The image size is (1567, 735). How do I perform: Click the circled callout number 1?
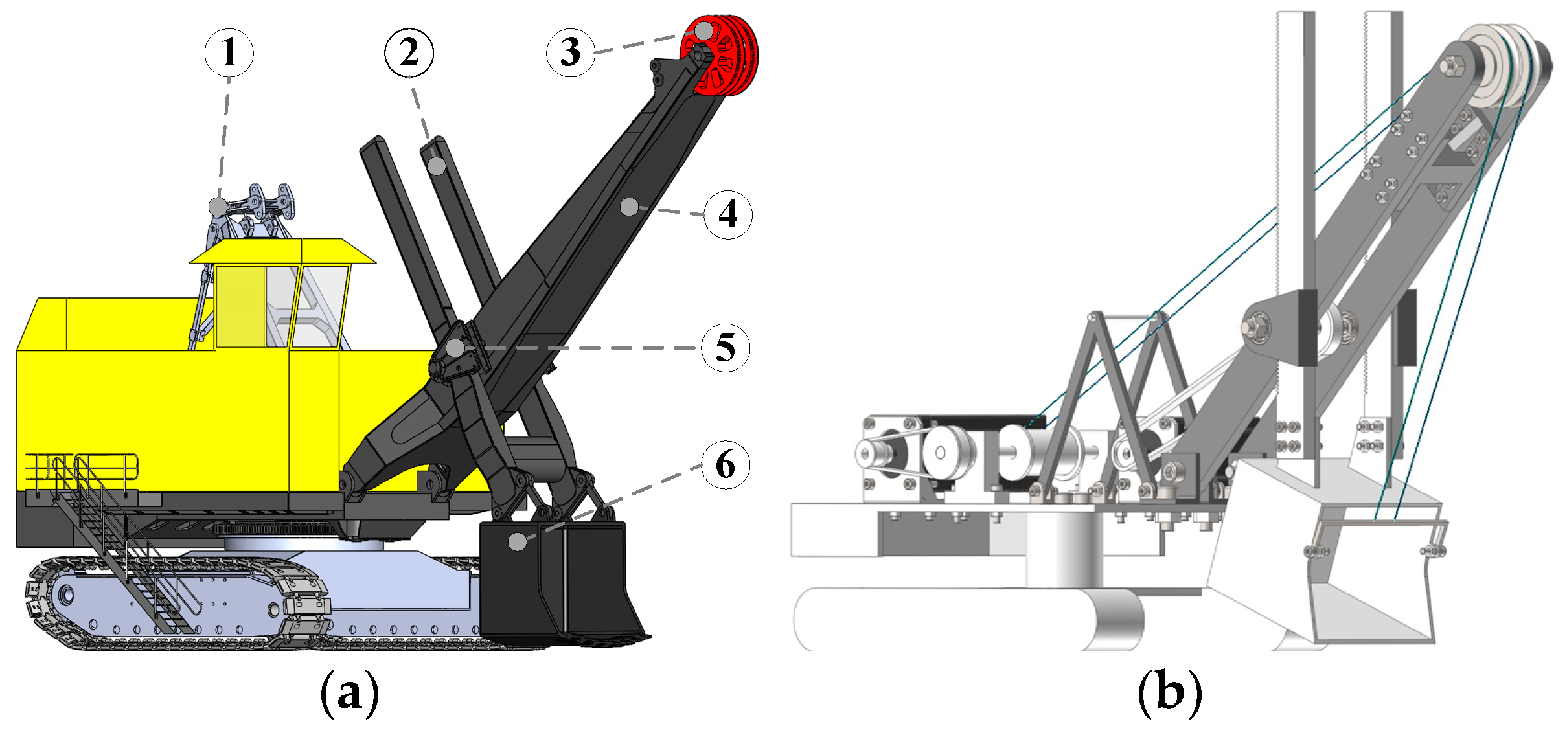point(229,53)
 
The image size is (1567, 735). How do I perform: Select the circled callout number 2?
point(409,53)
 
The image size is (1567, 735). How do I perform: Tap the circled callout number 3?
point(570,52)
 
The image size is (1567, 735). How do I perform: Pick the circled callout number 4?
point(728,214)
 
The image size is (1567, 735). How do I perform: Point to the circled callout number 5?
point(726,348)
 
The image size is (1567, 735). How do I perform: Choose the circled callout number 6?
point(726,465)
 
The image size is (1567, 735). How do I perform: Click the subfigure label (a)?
point(350,694)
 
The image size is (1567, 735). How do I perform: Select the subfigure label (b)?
point(1169,694)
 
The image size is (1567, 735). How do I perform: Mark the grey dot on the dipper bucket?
point(517,541)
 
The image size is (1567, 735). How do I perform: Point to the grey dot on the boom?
point(628,207)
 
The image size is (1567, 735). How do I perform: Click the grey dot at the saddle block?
point(455,348)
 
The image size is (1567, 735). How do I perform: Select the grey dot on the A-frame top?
point(218,207)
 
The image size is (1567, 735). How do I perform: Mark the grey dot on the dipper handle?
point(437,166)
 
